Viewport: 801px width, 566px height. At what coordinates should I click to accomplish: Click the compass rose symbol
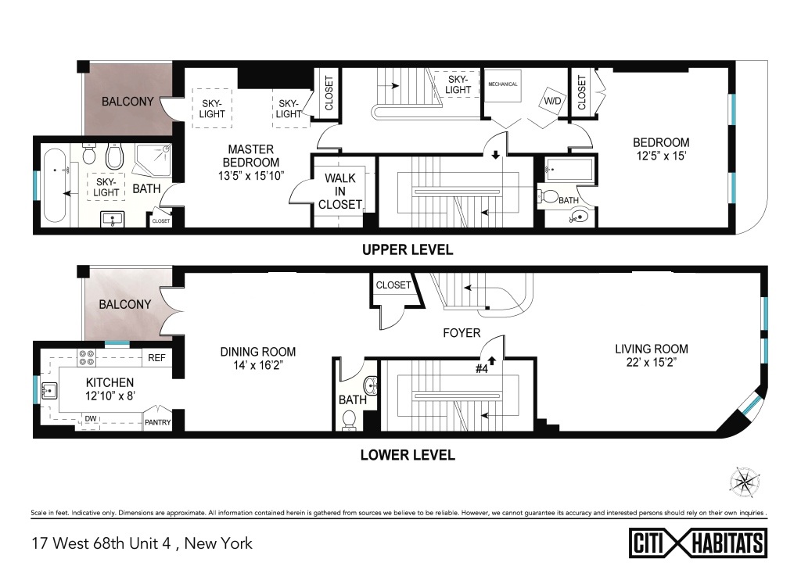(745, 482)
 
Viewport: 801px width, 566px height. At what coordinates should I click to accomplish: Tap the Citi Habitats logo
(698, 543)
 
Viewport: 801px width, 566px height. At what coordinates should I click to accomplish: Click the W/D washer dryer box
(552, 101)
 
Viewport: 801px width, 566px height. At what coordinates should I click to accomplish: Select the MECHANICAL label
(503, 84)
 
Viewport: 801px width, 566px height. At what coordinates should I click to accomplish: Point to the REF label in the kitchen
(156, 358)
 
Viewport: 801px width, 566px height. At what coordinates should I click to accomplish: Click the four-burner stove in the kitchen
(86, 357)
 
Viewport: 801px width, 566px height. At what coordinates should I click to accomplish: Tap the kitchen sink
(49, 391)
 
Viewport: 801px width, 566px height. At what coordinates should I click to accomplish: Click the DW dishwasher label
(91, 418)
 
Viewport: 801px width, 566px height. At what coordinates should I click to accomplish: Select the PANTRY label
(157, 422)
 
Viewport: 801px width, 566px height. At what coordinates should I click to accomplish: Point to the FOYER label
(462, 333)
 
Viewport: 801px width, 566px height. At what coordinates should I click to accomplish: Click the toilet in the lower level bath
(350, 421)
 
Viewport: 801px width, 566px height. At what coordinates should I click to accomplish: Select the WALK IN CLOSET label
(339, 192)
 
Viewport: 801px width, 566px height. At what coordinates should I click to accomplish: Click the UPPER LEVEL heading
(407, 249)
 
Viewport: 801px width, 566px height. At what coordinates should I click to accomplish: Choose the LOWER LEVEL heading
(408, 455)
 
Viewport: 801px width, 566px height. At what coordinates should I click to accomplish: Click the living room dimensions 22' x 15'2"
(652, 363)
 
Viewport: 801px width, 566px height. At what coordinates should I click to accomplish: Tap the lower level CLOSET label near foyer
(393, 285)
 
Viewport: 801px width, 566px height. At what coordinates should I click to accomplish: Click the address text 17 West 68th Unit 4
(101, 543)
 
